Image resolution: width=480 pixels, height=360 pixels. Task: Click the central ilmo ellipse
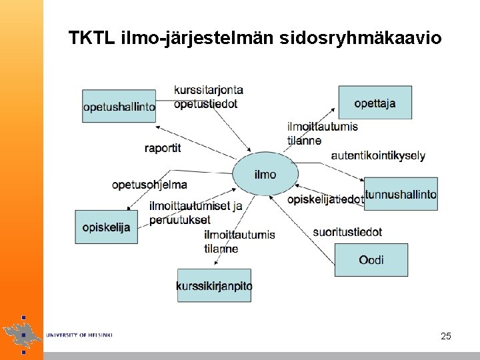265,175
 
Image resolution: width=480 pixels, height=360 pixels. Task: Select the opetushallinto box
119,106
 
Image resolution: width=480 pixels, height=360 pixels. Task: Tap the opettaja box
375,103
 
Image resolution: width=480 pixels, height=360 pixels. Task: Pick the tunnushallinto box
401,194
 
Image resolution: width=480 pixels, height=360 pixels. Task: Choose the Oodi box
371,259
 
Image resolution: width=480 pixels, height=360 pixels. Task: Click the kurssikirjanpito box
214,285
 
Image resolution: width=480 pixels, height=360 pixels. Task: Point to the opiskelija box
107,227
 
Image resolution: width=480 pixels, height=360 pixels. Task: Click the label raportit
163,148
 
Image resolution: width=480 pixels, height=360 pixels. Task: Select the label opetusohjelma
149,185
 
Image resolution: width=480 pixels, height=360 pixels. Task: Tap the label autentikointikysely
378,155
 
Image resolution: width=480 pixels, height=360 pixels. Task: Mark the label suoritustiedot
347,232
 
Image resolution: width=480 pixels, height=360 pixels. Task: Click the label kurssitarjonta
209,90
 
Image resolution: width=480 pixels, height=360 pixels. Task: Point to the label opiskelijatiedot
325,199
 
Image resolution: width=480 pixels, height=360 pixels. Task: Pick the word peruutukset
180,219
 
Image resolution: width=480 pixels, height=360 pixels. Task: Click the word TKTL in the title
92,38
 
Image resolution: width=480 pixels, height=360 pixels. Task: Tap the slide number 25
446,336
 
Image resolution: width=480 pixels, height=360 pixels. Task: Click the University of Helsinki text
79,335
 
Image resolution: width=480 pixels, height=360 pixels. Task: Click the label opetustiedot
205,103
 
